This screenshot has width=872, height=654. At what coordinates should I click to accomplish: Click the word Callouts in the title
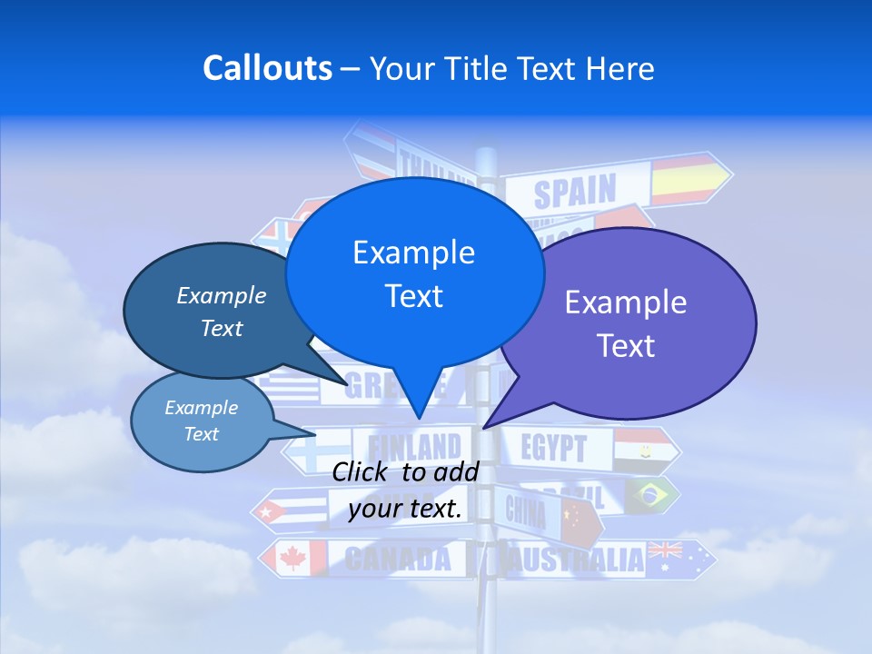268,68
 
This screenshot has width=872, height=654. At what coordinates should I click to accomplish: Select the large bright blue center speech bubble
414,272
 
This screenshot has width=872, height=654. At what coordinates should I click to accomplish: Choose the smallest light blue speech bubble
202,421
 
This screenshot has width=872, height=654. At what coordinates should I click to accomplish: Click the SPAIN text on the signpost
574,192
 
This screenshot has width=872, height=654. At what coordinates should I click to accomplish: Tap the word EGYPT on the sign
554,448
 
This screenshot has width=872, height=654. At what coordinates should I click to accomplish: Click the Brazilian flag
650,494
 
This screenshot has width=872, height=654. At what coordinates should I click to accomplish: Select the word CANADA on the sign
398,559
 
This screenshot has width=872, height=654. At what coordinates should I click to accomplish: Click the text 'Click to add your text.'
405,490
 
